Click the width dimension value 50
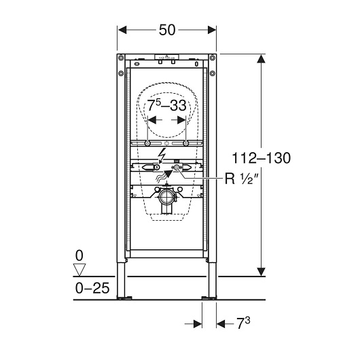(167, 30)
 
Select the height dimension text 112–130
(262, 158)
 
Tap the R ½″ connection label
(239, 179)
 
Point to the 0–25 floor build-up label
(92, 288)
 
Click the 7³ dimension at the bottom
(243, 323)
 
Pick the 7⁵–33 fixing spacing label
(166, 105)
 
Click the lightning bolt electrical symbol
(162, 156)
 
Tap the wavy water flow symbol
(160, 177)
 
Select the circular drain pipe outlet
(166, 197)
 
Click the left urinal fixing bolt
(147, 143)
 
